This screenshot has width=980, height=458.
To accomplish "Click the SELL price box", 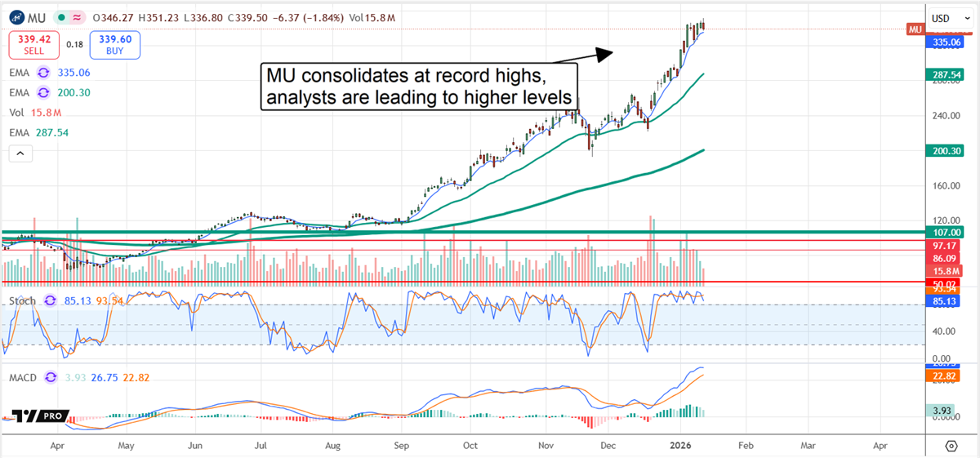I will click(33, 45).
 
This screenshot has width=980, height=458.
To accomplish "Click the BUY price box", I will click(114, 45).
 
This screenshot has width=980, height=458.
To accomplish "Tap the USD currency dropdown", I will click(951, 18).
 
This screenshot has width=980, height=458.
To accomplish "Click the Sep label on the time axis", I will click(401, 447).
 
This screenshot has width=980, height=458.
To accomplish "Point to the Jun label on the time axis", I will click(195, 447).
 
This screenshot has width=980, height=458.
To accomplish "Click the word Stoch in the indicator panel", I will click(23, 301).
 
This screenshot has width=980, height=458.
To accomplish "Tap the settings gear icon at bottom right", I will click(951, 446).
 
